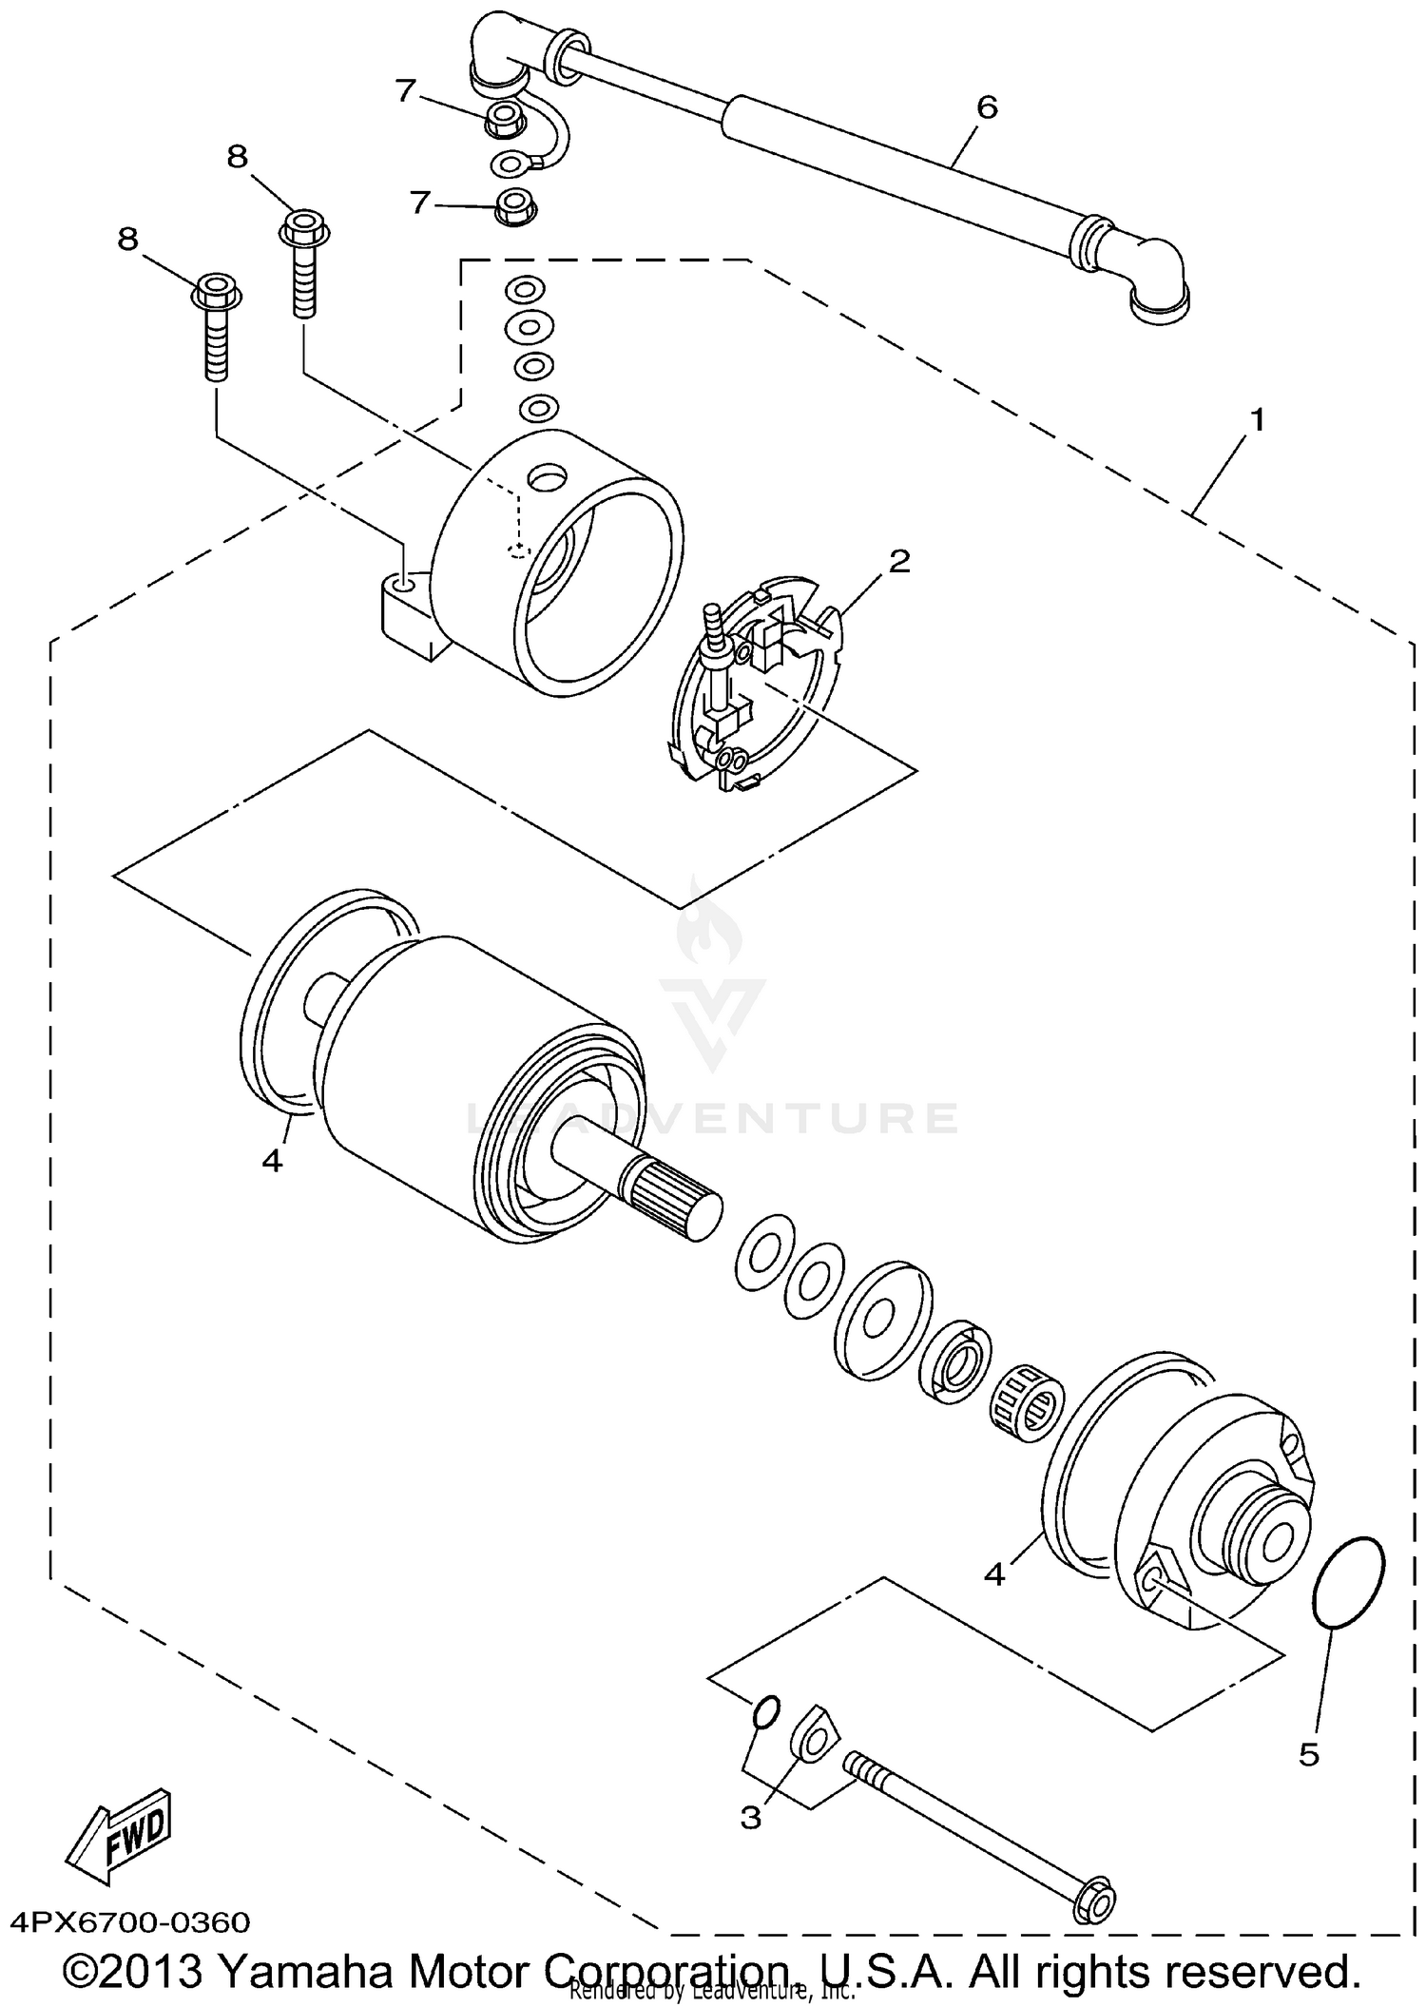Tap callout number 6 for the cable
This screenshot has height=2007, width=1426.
(987, 108)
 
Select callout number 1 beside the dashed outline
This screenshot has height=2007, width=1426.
(1257, 418)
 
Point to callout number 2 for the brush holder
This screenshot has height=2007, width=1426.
(898, 561)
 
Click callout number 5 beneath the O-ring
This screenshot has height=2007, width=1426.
(1309, 1754)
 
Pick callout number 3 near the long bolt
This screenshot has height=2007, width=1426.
(751, 1818)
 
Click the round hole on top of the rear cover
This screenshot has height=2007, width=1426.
(549, 476)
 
